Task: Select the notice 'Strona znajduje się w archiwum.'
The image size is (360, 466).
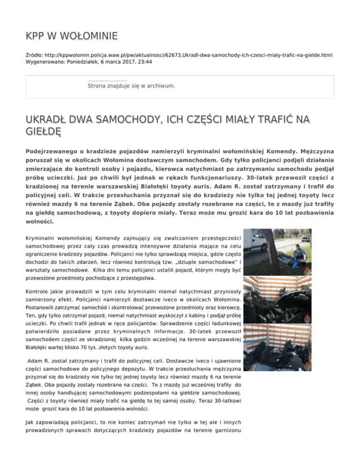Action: click(131, 86)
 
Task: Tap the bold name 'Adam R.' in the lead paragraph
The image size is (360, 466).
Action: click(217, 183)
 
